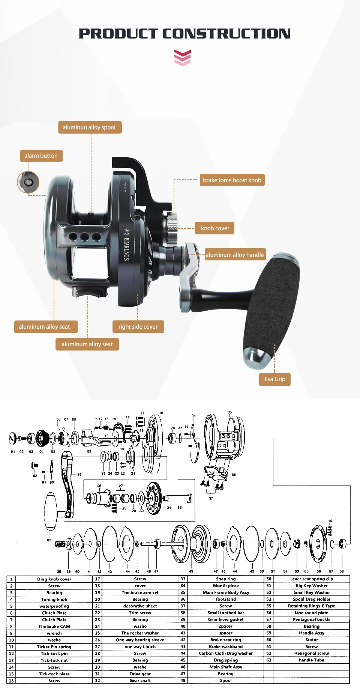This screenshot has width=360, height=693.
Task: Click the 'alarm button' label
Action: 41,156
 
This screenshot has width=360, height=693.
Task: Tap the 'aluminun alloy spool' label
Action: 90,127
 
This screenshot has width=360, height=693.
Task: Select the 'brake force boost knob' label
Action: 232,180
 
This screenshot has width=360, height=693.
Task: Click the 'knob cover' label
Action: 215,228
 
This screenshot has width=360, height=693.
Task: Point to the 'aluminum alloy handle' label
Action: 235,255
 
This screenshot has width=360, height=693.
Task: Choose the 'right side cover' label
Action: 138,327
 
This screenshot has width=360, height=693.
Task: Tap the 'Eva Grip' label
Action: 275,379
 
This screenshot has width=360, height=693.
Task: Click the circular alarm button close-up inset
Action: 28,182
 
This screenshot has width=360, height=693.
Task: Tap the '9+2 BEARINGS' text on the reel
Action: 127,244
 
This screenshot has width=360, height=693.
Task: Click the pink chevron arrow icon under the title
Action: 182,58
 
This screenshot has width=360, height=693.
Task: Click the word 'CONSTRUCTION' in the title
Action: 226,34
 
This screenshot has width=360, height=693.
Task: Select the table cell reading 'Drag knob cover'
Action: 54,579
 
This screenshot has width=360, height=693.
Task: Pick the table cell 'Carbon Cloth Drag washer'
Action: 226,653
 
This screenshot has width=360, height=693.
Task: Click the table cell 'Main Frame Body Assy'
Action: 226,592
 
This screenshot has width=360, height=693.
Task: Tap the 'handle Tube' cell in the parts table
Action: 311,660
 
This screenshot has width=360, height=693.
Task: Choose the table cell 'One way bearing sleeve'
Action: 140,640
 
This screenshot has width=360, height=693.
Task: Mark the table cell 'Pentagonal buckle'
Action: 311,619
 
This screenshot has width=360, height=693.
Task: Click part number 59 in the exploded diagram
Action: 79,475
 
